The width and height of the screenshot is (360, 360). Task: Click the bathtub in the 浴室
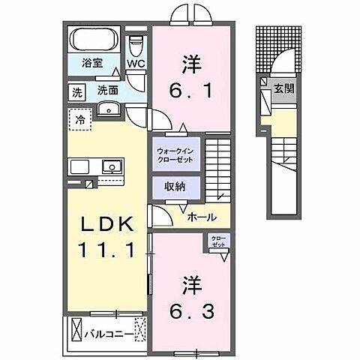point(94,40)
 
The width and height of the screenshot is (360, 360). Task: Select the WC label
point(136,64)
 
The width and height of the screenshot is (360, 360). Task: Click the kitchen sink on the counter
point(111,166)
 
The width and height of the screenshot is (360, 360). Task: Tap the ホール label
point(202,217)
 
